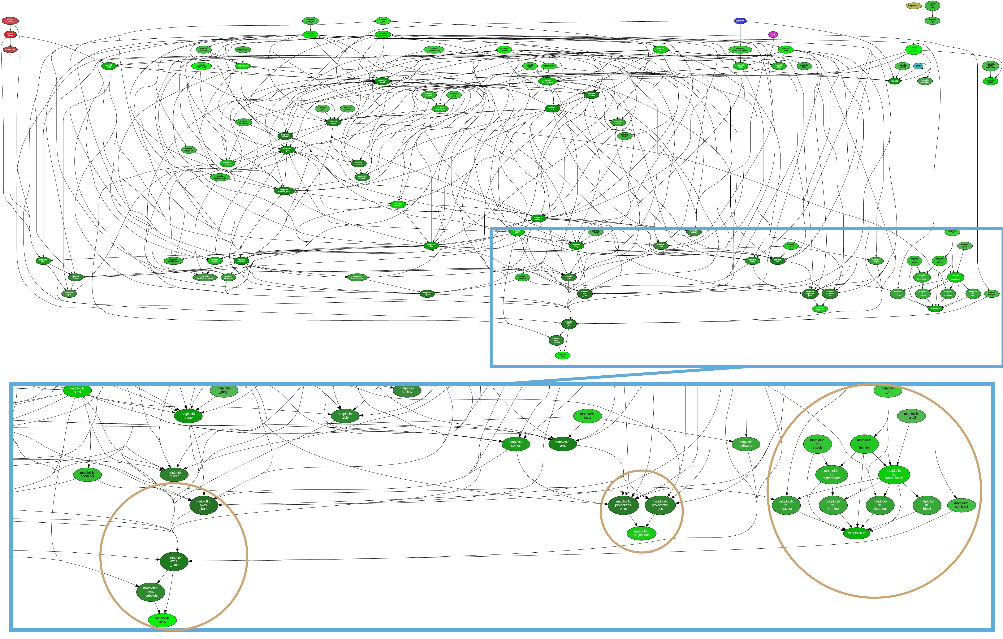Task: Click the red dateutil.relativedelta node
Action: [10, 20]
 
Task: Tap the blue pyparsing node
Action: [740, 20]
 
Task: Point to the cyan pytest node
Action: [918, 66]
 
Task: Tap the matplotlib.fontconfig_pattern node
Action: [740, 49]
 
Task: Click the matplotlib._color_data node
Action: [310, 20]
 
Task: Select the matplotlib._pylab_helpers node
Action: [201, 66]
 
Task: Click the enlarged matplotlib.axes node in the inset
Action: [162, 620]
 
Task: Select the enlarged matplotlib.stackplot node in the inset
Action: [961, 505]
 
